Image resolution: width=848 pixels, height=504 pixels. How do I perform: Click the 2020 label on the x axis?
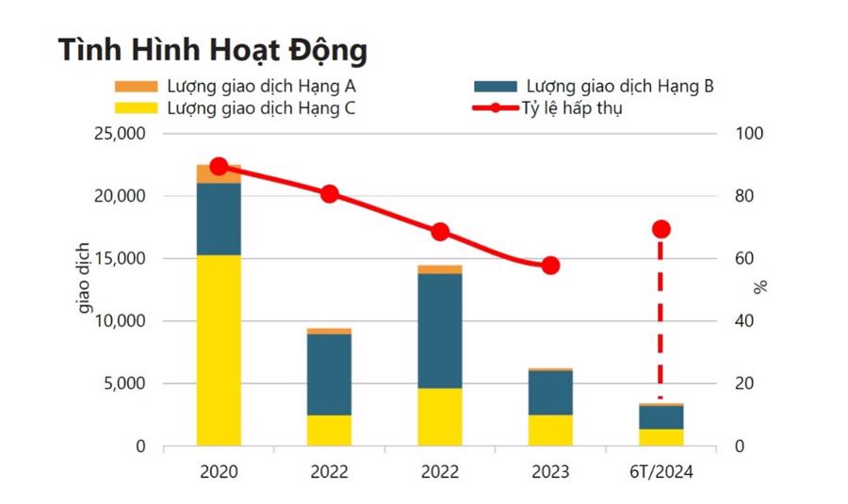click(219, 472)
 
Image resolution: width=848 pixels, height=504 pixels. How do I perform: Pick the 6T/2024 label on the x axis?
click(660, 472)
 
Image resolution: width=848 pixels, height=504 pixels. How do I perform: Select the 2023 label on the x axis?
click(550, 472)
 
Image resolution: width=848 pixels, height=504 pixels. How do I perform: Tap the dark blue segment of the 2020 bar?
click(219, 219)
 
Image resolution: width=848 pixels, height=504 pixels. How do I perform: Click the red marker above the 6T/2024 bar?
click(660, 229)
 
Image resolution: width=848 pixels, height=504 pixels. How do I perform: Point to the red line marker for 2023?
click(550, 266)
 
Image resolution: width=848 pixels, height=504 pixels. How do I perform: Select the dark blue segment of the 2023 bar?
click(550, 393)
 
